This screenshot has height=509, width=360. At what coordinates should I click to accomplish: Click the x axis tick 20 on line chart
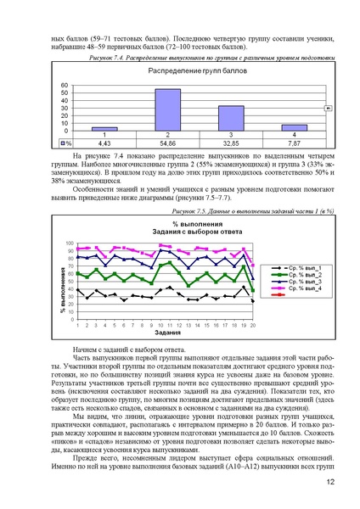(x=252, y=325)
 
